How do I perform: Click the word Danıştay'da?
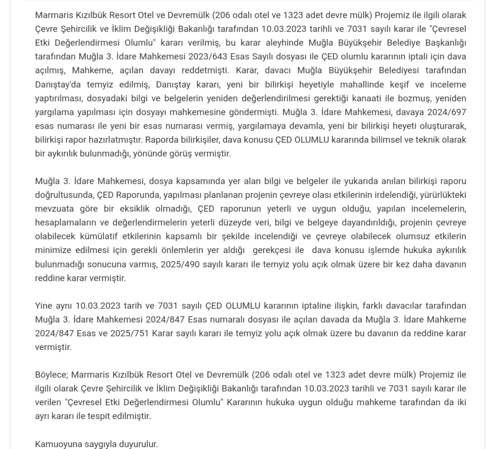(x=58, y=84)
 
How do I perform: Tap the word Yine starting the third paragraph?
(x=43, y=305)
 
